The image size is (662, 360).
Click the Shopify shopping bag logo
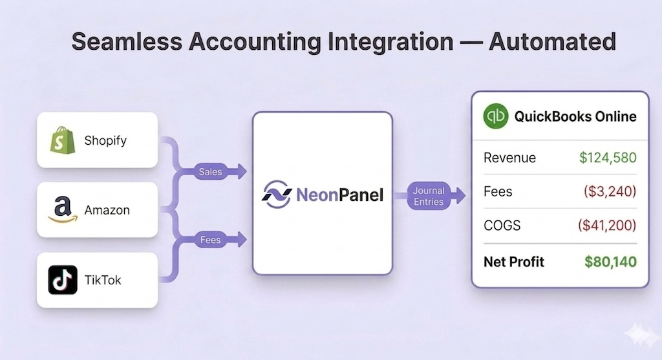point(63,140)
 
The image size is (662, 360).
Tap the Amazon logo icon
point(63,210)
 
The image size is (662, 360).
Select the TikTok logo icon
point(63,280)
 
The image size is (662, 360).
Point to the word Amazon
point(107,210)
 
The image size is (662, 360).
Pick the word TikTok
point(103,280)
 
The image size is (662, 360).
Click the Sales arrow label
point(209,171)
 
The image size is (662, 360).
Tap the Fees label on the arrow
point(210,240)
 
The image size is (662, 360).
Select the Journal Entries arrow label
point(429,196)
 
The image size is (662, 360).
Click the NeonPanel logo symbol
point(277,194)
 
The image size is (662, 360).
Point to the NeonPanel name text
point(339,194)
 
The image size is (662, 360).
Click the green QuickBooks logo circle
point(496,116)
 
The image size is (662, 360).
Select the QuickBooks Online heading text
point(575,116)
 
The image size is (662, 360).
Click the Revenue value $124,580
point(607,158)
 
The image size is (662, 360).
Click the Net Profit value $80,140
point(610,262)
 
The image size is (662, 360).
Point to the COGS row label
point(503,226)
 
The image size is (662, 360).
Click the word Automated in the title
point(552,41)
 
